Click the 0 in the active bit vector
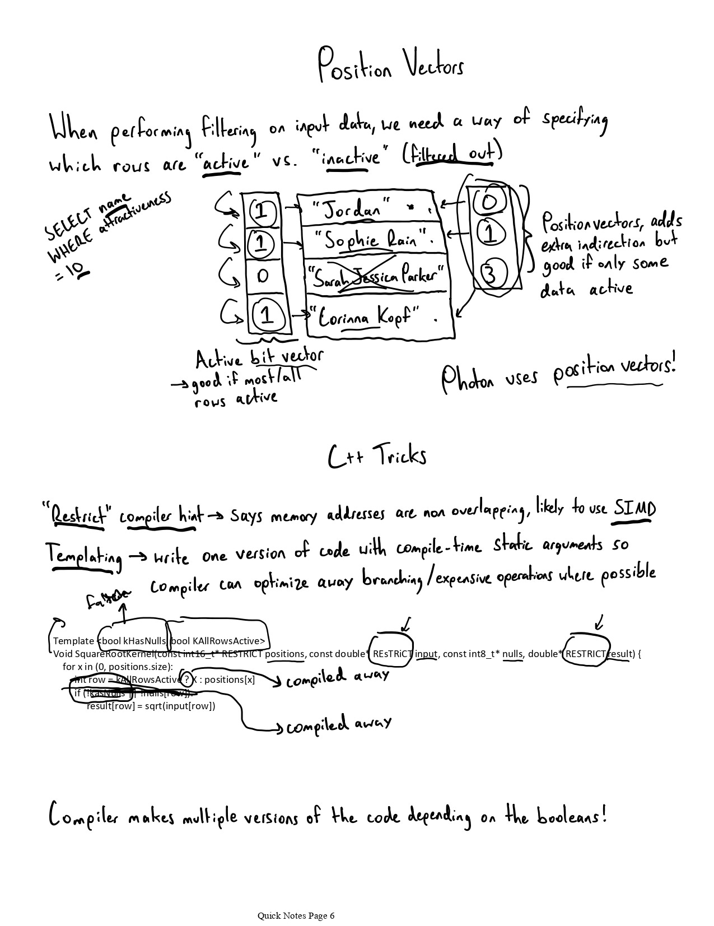tap(263, 276)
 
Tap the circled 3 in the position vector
tap(491, 275)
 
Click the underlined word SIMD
tap(633, 509)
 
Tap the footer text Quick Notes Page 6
tap(296, 916)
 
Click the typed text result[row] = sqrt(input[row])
tap(151, 706)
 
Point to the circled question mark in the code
tap(186, 680)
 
